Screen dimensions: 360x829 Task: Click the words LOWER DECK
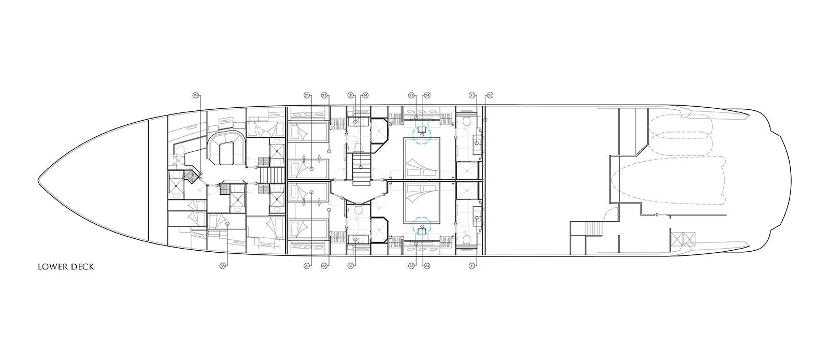[65, 267]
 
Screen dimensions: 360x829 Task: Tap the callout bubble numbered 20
[195, 95]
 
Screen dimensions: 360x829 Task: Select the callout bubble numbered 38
[223, 266]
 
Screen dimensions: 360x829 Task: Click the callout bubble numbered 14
[365, 95]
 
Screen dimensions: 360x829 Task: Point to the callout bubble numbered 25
[490, 95]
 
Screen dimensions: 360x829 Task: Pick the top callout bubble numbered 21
[307, 95]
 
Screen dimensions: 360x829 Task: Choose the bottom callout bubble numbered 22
[324, 266]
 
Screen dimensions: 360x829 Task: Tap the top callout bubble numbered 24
[427, 95]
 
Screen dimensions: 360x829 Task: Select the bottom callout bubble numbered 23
[411, 266]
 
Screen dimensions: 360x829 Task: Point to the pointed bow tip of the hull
[39, 181]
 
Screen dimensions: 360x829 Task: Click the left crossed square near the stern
[677, 239]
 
